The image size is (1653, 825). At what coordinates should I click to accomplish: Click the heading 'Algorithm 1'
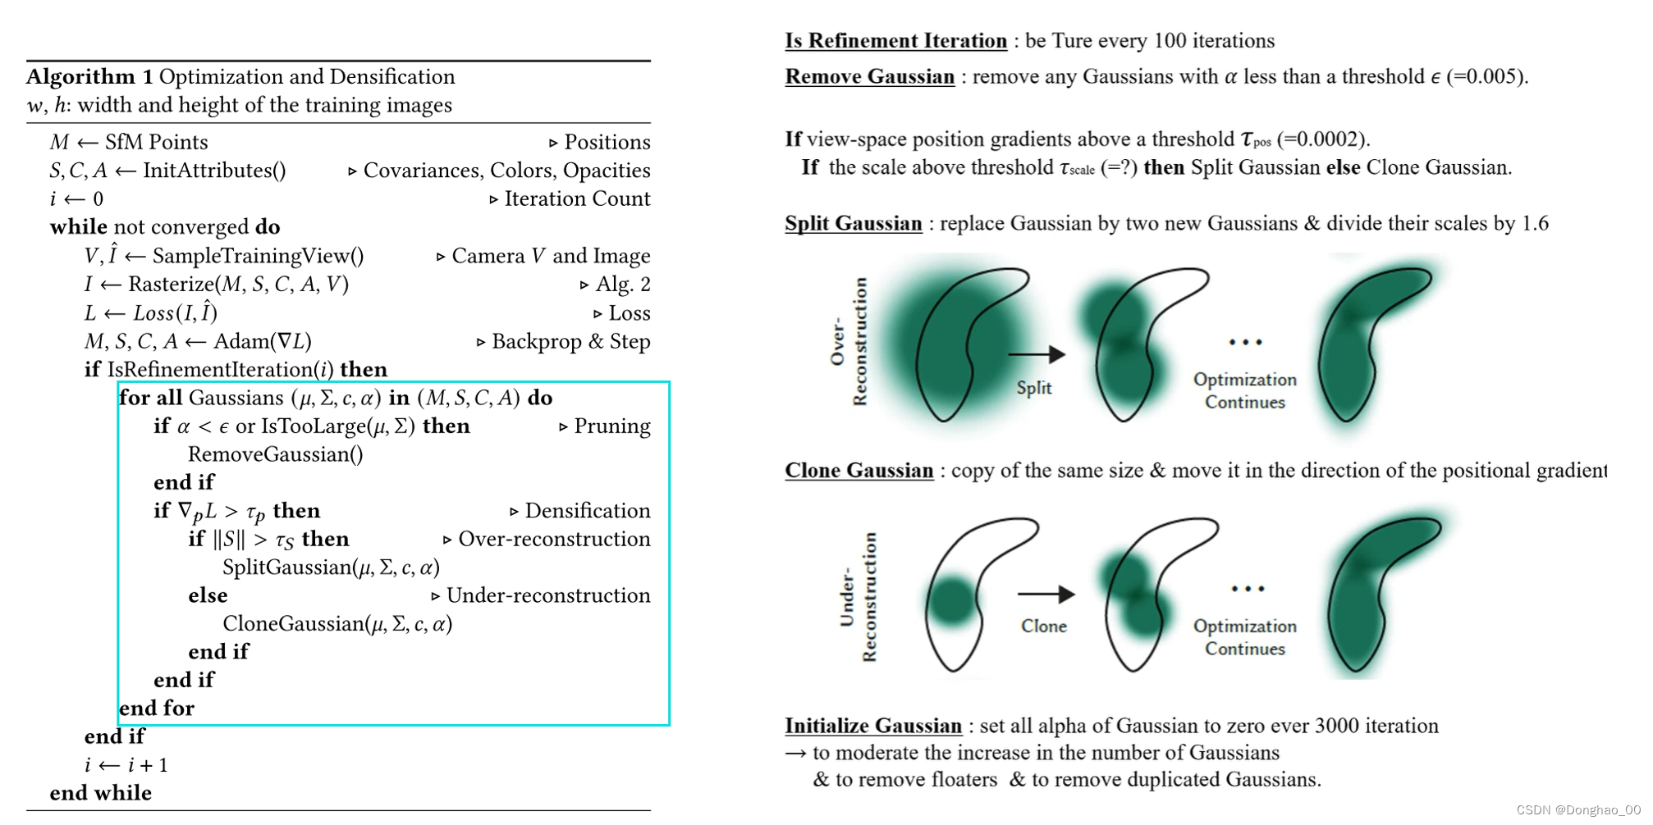(89, 77)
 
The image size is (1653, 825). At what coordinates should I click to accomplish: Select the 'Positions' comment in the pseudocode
(607, 142)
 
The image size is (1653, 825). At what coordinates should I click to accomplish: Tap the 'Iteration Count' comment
(577, 198)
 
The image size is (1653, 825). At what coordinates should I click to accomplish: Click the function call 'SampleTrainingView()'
(258, 256)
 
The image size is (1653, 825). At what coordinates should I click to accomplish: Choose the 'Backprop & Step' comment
(570, 341)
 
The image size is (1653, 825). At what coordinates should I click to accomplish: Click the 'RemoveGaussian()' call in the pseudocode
(275, 454)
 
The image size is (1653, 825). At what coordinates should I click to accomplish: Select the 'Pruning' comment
(611, 426)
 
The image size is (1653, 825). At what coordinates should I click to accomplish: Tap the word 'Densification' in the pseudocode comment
(587, 511)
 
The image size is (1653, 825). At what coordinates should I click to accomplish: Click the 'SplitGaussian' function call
(287, 567)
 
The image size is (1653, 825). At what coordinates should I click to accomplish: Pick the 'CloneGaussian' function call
(294, 624)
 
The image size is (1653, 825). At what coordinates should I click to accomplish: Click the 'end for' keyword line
(157, 709)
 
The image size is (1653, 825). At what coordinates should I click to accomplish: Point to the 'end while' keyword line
(101, 793)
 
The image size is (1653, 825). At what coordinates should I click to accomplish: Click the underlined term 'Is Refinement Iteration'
(895, 41)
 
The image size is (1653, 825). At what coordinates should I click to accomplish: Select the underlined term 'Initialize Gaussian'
(872, 726)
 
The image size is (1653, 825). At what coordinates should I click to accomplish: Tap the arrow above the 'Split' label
(1036, 354)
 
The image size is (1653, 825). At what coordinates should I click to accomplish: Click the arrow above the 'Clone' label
(1046, 594)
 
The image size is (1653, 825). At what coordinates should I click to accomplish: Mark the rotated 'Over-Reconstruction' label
(849, 341)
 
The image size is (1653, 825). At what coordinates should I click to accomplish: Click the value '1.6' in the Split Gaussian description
(1534, 224)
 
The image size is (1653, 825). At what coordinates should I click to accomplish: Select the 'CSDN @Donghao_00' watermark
(1577, 810)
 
